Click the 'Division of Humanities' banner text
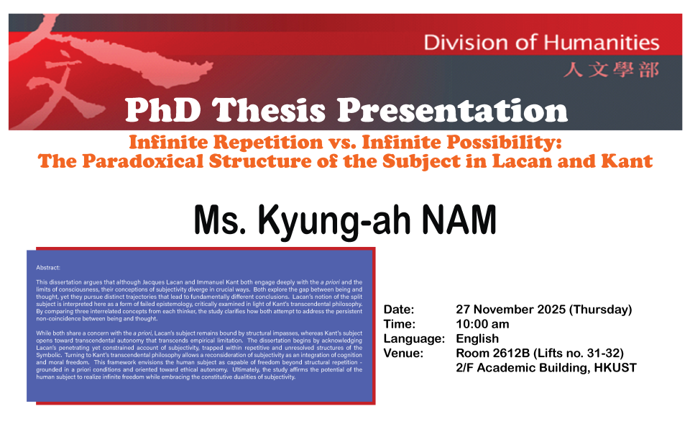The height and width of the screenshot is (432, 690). [x=541, y=42]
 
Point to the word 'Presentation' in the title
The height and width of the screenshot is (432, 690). [x=453, y=110]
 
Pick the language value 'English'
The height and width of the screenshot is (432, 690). [x=477, y=339]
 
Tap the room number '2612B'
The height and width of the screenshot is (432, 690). [x=511, y=354]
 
